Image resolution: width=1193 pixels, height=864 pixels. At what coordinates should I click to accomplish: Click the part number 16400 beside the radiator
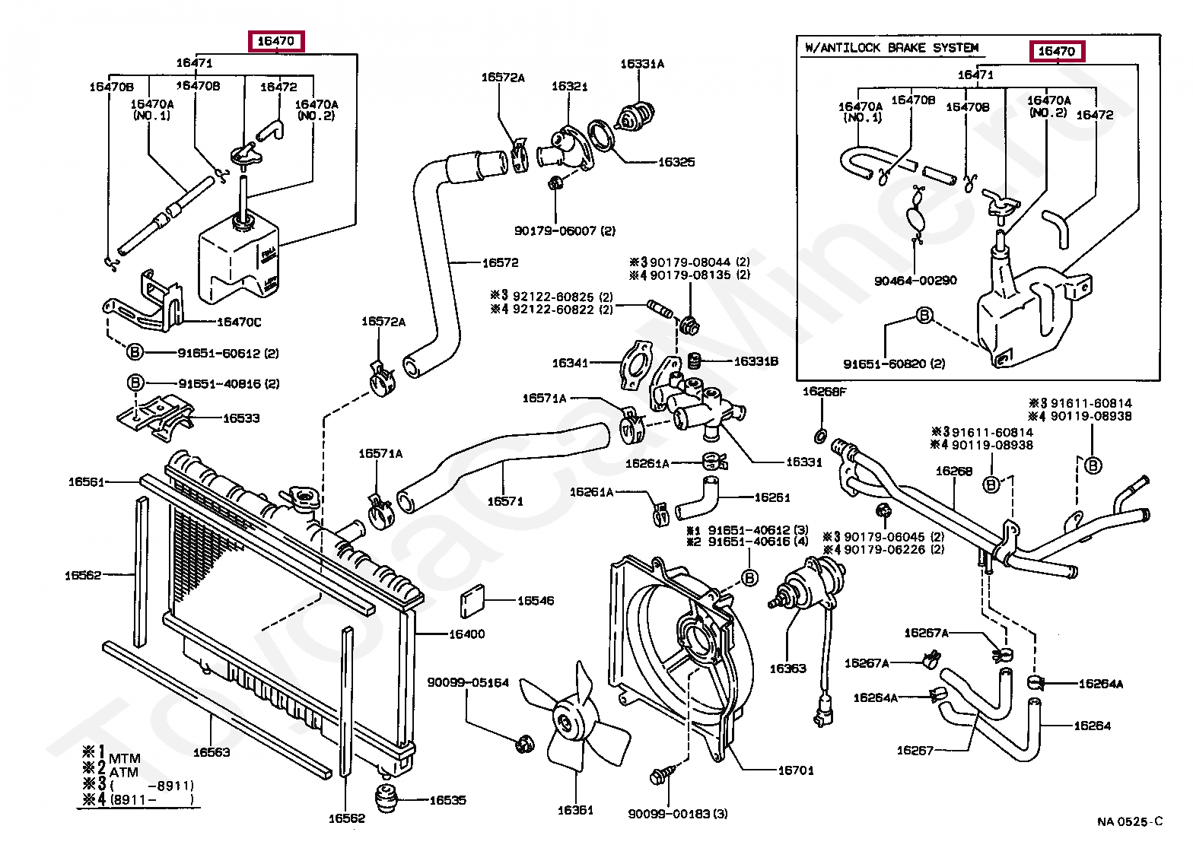466,634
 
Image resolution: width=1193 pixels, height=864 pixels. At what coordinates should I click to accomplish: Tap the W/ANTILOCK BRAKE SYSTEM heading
891,48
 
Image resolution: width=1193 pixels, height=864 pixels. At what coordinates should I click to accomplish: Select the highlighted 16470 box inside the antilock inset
1057,51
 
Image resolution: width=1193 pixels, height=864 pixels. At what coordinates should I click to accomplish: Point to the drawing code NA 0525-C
1129,821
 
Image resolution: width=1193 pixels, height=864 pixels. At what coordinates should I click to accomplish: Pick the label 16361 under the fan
575,810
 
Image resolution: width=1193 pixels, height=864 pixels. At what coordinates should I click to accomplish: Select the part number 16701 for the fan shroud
795,770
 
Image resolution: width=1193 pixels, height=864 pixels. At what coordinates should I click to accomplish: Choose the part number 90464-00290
915,281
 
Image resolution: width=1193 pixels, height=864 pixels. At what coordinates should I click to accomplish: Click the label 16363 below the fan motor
787,669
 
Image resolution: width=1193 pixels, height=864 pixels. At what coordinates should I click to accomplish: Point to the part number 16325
676,162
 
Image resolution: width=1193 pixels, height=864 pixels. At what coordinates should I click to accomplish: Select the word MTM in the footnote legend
125,758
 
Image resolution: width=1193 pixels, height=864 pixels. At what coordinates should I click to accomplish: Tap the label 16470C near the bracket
239,322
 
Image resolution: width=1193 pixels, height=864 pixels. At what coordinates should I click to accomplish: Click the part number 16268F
824,392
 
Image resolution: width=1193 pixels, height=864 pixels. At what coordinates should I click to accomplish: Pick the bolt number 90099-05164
467,683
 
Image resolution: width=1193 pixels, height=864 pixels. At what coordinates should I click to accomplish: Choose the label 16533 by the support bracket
240,418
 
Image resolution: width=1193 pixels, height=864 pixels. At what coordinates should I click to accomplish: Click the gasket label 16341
570,363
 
